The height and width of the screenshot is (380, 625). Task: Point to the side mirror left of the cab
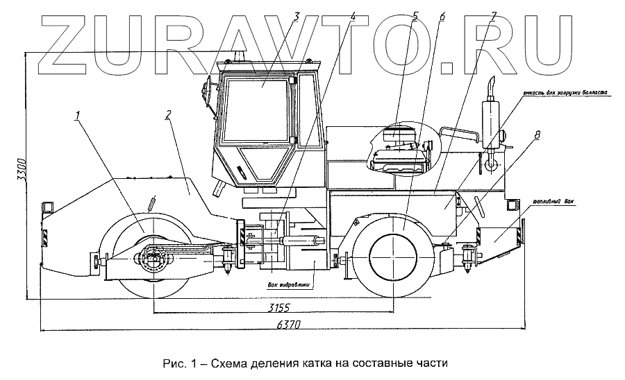[206, 93]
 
